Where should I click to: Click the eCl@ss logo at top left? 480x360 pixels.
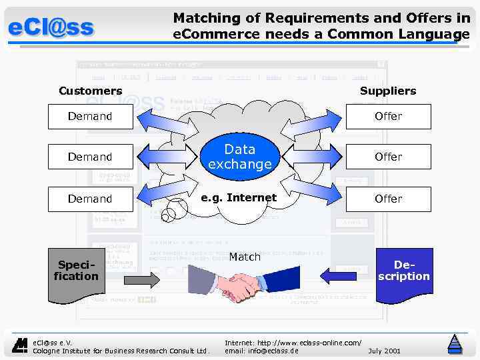click(51, 28)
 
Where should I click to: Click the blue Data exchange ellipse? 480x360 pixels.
click(239, 157)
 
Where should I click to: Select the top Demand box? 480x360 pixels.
click(90, 117)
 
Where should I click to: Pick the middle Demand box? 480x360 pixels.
click(90, 157)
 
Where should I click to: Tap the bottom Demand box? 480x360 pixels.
click(90, 199)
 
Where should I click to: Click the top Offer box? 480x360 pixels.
click(388, 117)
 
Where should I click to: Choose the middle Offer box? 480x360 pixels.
click(388, 157)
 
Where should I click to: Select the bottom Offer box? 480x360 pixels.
click(388, 199)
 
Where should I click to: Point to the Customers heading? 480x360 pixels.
click(91, 91)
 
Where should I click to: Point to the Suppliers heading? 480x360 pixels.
click(388, 91)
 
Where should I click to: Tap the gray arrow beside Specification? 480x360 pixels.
click(142, 279)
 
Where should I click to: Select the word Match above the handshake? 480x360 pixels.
click(245, 257)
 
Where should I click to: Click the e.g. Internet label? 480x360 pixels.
click(239, 197)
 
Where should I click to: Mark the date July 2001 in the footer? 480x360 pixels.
click(384, 350)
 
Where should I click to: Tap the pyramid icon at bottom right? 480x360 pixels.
click(455, 343)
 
